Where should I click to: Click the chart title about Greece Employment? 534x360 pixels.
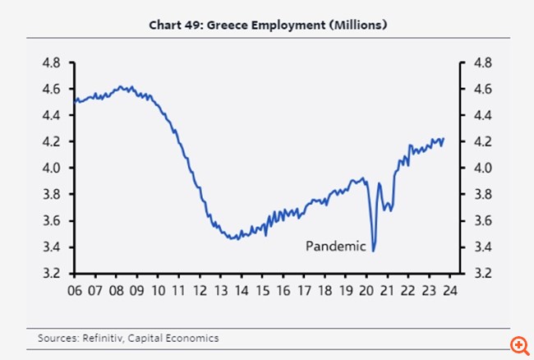267,25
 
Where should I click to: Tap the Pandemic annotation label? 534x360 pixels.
335,245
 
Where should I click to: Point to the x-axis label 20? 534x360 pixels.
366,289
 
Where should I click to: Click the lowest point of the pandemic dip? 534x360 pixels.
374,251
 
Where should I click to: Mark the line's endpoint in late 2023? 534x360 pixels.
444,138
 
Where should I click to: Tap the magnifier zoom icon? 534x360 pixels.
518,344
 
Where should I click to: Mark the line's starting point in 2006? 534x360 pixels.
75,100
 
